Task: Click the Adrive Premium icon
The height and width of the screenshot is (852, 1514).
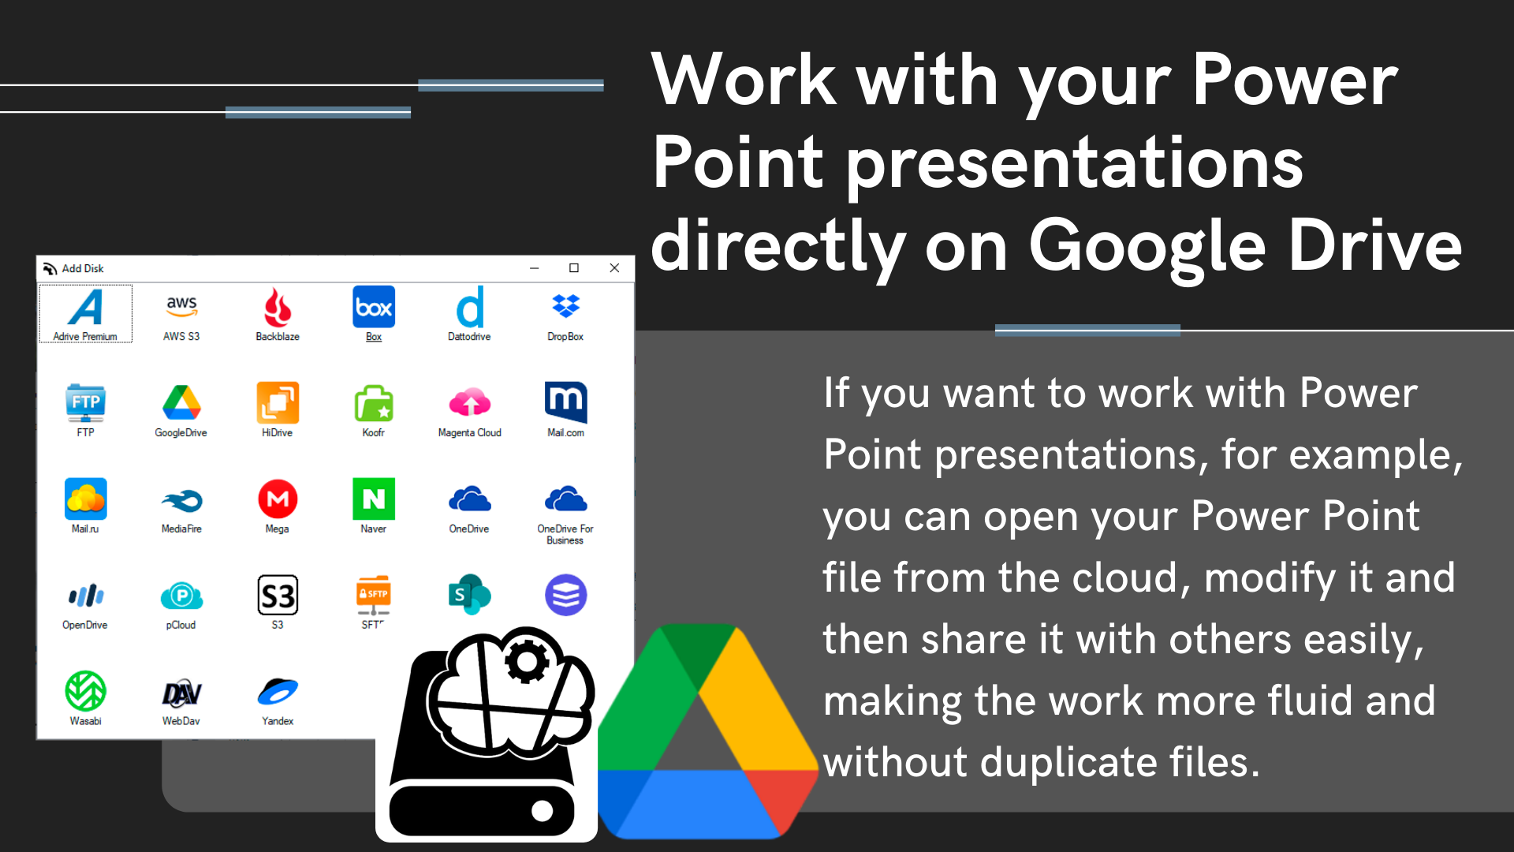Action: click(x=85, y=308)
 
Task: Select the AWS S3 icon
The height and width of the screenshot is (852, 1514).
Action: click(x=181, y=306)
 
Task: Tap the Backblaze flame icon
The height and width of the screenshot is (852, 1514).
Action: click(x=278, y=308)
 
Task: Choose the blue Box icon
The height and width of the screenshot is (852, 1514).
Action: click(x=374, y=307)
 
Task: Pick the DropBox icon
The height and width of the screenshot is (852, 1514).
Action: click(x=565, y=306)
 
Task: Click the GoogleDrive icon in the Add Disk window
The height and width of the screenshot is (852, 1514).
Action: click(x=181, y=402)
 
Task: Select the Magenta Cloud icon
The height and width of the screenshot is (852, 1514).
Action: click(x=470, y=402)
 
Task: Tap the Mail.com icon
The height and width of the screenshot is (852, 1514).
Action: click(x=565, y=402)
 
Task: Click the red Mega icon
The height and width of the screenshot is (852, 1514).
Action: click(x=278, y=499)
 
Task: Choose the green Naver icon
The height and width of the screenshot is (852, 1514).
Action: click(x=374, y=499)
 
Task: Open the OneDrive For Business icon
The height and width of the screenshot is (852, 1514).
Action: click(x=565, y=499)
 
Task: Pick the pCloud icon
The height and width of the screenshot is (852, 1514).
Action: click(x=181, y=596)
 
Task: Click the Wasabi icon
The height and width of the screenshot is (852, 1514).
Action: click(x=85, y=691)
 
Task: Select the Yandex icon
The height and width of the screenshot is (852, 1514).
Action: click(x=278, y=692)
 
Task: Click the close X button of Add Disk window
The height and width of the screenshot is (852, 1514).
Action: click(x=614, y=268)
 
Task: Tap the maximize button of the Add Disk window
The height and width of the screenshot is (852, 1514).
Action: click(x=574, y=268)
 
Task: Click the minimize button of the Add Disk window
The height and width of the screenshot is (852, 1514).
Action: click(x=534, y=268)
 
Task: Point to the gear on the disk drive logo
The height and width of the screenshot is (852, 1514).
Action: click(x=528, y=661)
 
